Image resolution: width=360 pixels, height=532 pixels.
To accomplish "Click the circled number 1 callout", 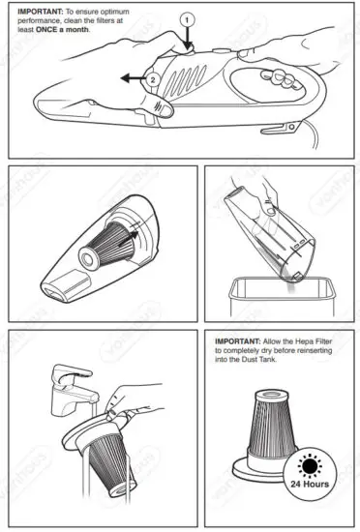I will pyautogui.click(x=188, y=18).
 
